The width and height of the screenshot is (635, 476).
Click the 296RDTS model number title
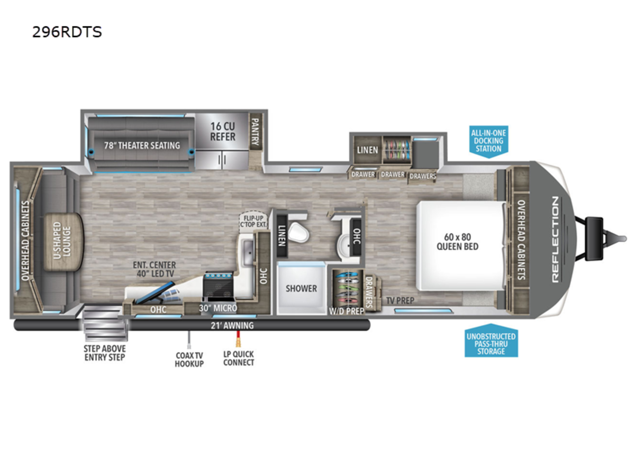67,32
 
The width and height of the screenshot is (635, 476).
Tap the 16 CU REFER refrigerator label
222,132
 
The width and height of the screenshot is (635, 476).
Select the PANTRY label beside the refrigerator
255,132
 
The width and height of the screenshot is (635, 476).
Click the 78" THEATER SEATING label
142,145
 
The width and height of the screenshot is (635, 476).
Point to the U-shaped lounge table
63,242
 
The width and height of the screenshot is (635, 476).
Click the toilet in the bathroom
298,232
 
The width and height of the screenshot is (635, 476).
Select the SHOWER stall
301,288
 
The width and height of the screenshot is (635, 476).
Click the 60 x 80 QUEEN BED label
457,242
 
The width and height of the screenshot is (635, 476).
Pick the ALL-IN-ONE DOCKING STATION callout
488,141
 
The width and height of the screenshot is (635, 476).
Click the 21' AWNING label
232,326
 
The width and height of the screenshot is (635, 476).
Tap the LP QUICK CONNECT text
239,358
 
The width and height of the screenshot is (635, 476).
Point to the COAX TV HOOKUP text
189,359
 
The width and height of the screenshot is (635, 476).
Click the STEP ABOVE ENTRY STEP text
105,353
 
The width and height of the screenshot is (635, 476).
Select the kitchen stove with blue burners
219,286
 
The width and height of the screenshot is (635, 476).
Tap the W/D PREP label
346,311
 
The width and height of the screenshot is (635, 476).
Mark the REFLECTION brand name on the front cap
555,239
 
